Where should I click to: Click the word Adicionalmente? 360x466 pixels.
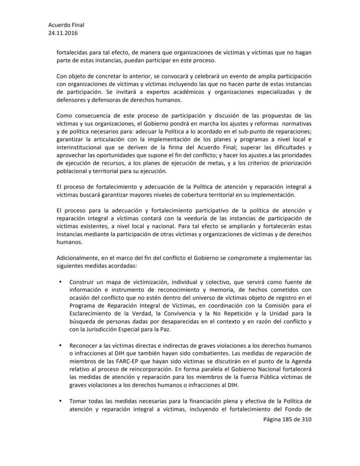pos(77,258)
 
